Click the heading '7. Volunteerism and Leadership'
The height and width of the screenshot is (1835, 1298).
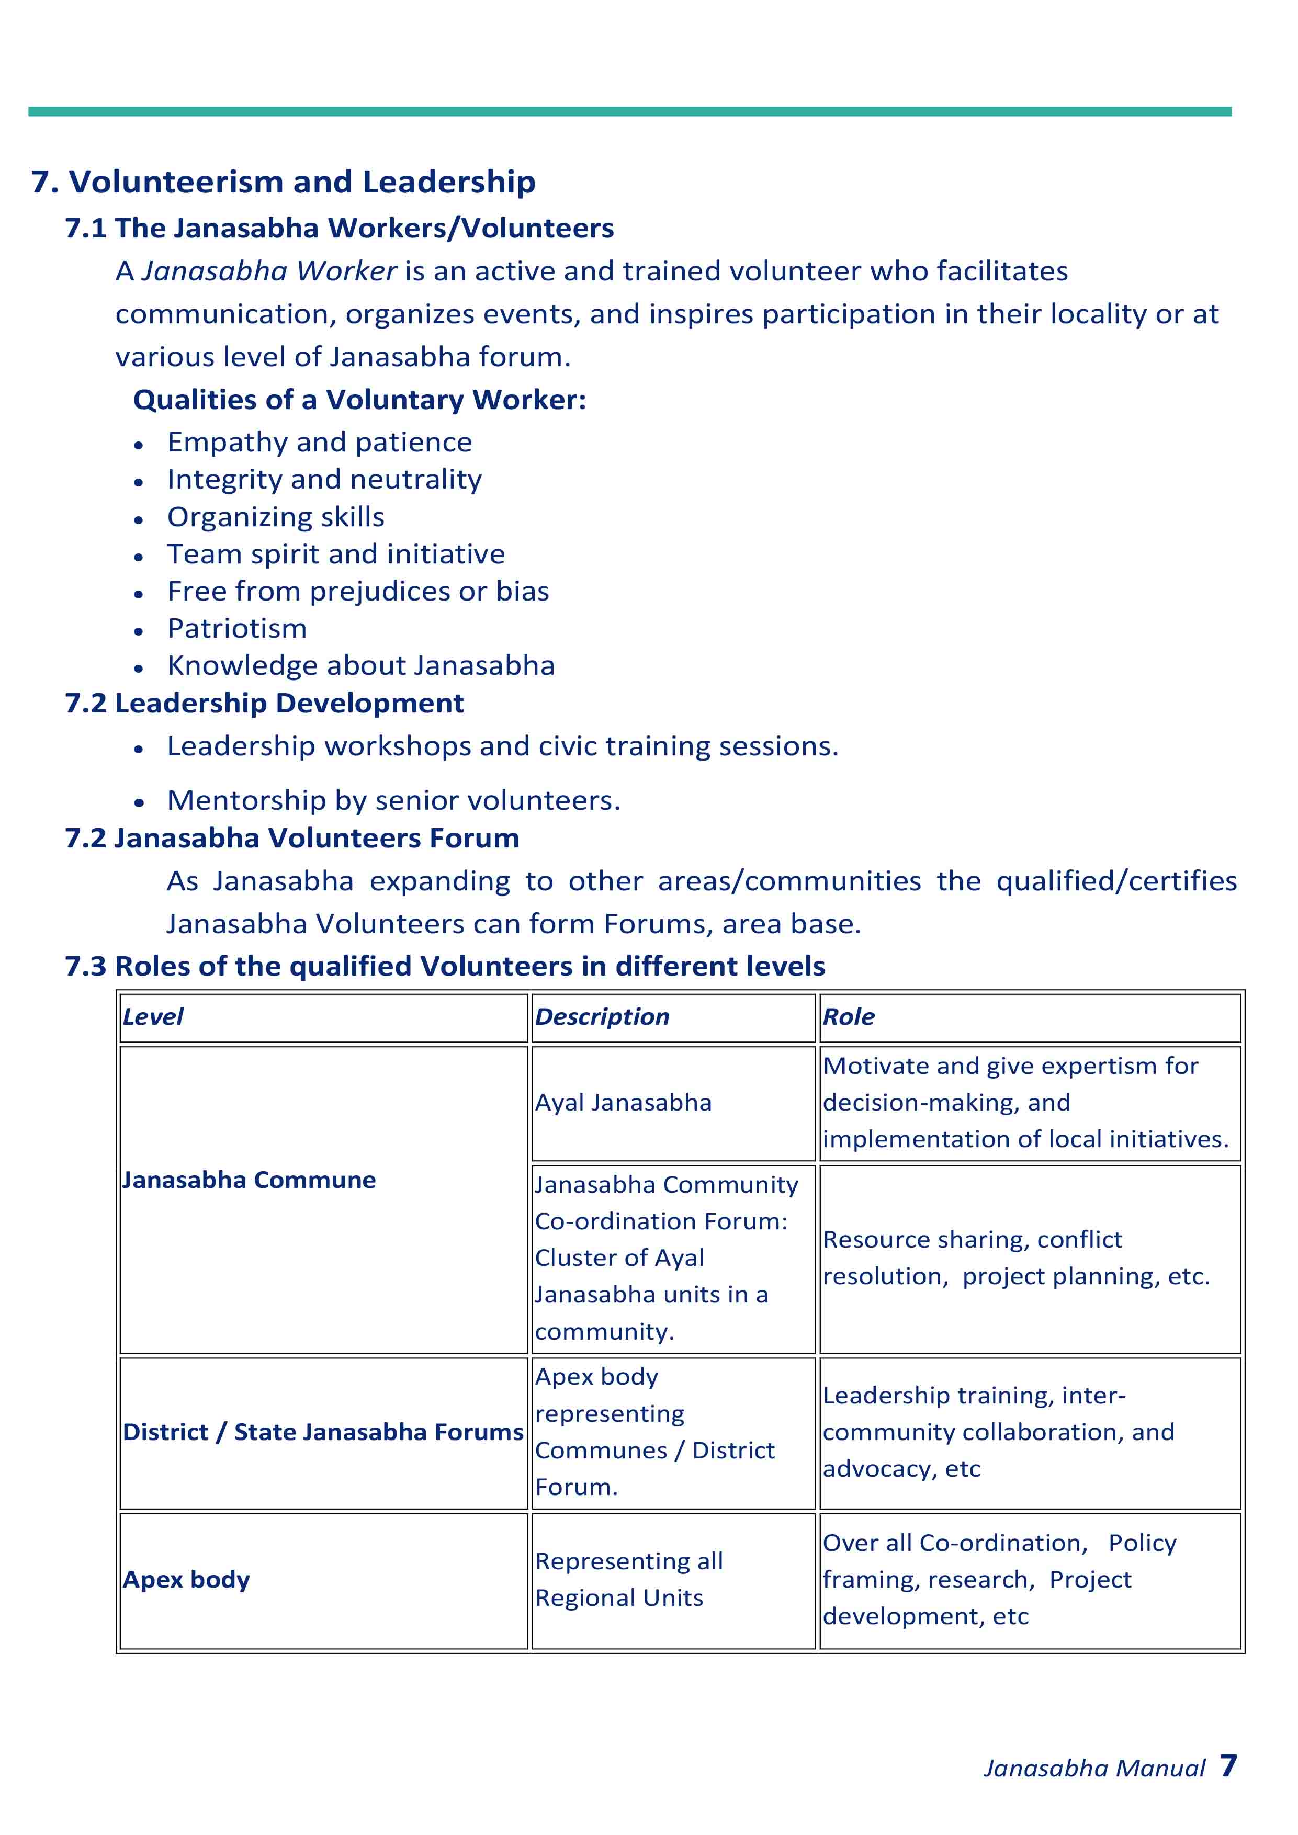point(283,182)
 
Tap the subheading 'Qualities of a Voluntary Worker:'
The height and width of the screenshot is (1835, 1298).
point(359,400)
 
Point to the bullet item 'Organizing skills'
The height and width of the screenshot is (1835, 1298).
point(276,517)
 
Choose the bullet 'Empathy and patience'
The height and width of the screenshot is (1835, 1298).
point(320,443)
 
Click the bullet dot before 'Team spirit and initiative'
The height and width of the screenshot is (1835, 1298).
point(139,556)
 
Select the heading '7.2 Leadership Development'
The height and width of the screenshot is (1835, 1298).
point(265,704)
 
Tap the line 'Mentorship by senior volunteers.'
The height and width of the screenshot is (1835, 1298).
point(393,801)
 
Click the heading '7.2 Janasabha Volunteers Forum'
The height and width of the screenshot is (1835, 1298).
point(292,839)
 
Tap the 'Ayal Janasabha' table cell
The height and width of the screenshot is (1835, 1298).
point(624,1103)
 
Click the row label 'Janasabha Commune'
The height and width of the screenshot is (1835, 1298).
point(250,1181)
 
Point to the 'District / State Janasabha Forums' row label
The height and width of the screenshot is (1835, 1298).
point(323,1432)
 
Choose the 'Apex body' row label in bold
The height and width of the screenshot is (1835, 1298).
point(186,1580)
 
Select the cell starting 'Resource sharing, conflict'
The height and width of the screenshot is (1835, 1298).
point(1016,1258)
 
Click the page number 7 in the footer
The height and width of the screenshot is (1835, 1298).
point(1228,1765)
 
